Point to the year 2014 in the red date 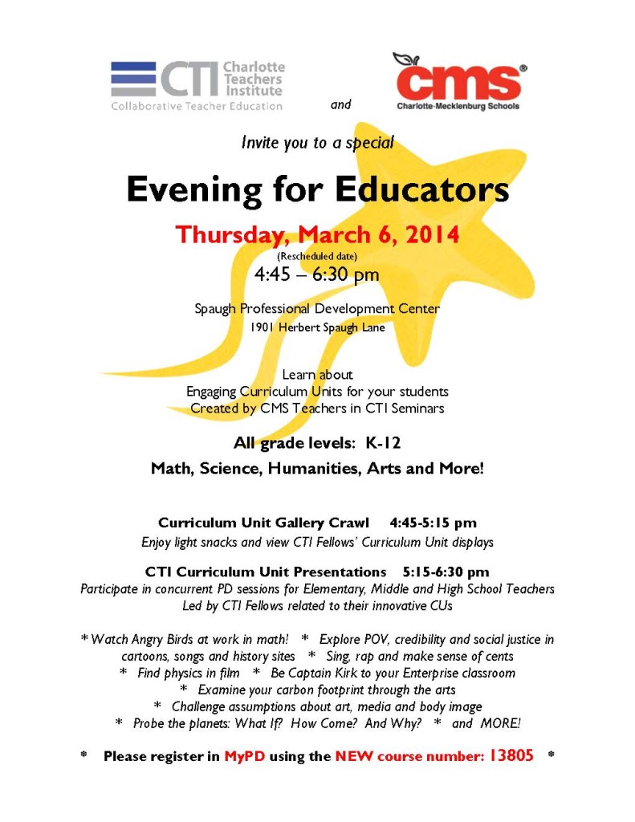432,234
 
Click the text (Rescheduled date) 316,255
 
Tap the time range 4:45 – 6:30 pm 317,275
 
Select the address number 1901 263,327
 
